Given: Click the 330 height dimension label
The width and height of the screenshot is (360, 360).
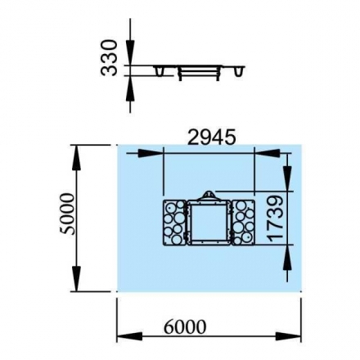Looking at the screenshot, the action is [x=109, y=57].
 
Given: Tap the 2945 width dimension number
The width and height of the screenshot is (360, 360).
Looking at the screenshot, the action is [x=212, y=137].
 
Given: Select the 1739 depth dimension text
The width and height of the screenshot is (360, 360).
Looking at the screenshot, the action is [x=276, y=218].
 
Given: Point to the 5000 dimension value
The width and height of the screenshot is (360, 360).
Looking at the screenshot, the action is [x=67, y=214].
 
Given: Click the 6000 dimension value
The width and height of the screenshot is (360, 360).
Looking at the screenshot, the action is [x=185, y=326].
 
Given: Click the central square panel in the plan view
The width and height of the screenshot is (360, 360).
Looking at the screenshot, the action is [x=209, y=223].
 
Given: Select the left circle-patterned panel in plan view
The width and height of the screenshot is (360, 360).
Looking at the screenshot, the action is [x=174, y=223].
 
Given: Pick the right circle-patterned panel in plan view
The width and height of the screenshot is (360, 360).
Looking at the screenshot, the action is [x=243, y=223].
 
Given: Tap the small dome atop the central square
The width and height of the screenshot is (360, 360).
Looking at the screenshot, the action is [x=209, y=196].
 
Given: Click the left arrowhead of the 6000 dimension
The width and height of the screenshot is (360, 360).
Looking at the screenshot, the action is [x=129, y=336].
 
